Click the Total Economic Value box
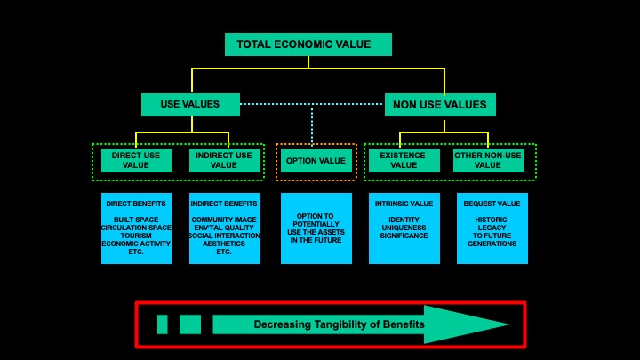[308, 44]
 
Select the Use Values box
[190, 105]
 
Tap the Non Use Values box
[439, 105]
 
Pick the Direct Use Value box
[136, 160]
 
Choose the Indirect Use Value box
[224, 160]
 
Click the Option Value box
[316, 160]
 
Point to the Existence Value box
[404, 160]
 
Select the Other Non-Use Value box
[488, 160]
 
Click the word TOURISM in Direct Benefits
[136, 236]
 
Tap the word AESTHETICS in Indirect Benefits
[224, 244]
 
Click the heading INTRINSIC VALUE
[404, 204]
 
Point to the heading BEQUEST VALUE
[492, 204]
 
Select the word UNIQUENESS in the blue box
[404, 228]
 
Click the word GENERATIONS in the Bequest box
[492, 244]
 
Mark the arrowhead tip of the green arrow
[509, 324]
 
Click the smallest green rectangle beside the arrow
[162, 324]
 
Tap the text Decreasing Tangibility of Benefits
[339, 325]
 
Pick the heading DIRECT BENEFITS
[136, 204]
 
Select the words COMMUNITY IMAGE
[224, 220]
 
